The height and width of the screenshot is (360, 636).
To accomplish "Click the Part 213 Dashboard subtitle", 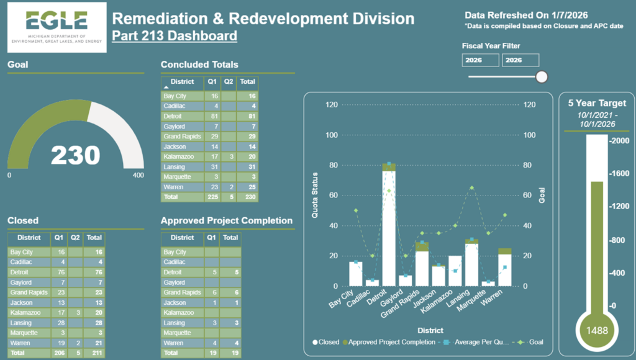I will pos(175,35).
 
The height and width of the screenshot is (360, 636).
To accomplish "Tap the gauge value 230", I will pos(75,155).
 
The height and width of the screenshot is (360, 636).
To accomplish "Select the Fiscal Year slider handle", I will pos(542,76).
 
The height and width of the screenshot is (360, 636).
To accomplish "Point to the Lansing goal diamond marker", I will pos(471,187).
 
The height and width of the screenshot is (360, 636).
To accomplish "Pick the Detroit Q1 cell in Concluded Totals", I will pos(214,116).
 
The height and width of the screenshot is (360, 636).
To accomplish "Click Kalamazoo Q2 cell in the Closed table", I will pos(75,312).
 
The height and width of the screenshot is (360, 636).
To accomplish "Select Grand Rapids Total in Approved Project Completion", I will pos(230,292).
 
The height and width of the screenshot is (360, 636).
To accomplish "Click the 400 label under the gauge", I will pos(138,176).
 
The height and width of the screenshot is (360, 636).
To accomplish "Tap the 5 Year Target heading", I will pos(597,103).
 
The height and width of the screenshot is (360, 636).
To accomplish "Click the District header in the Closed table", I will pos(29,237).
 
